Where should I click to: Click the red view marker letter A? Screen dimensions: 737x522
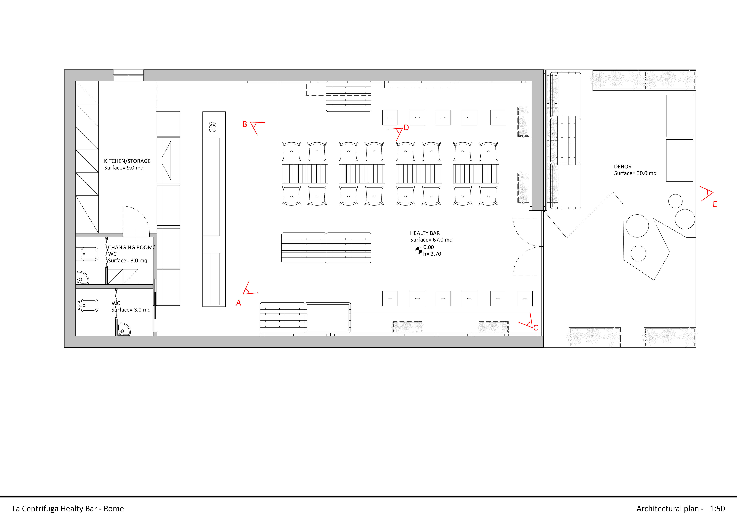(x=238, y=303)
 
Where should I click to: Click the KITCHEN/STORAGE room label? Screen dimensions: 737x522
(x=127, y=161)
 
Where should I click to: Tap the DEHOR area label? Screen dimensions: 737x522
(x=623, y=167)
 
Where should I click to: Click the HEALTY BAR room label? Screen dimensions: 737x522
(x=425, y=233)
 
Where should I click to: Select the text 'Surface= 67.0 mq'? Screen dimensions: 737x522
(x=431, y=240)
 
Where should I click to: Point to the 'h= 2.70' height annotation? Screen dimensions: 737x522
(x=432, y=254)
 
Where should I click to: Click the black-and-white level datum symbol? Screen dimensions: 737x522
(x=419, y=250)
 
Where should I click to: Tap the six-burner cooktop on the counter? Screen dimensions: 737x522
(x=212, y=127)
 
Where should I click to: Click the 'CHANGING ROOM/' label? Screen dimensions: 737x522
(x=131, y=247)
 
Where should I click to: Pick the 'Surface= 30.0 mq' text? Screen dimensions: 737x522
(x=635, y=173)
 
